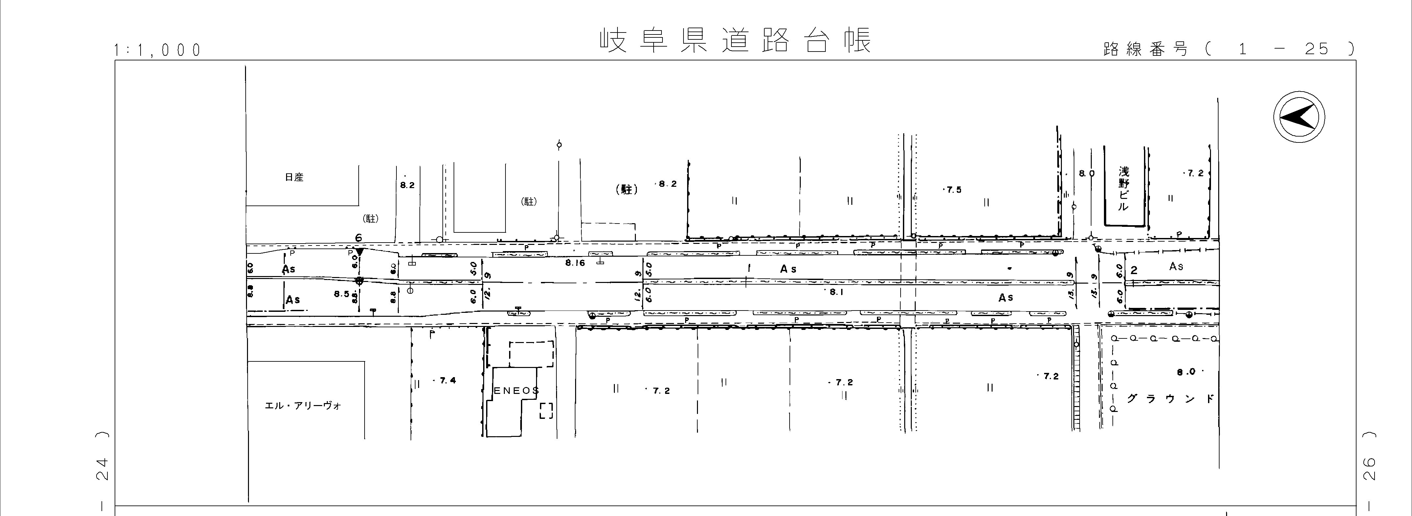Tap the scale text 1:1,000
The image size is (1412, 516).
[x=157, y=51]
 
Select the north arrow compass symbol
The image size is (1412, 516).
[x=1299, y=117]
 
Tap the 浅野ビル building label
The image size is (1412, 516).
[x=1124, y=189]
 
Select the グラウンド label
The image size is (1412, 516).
[x=1170, y=399]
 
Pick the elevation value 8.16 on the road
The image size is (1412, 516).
[x=575, y=263]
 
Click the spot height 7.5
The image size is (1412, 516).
[x=953, y=190]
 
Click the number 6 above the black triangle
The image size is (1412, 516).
[x=358, y=238]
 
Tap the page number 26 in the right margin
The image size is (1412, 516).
[x=1369, y=469]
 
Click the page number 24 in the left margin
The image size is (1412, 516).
[x=101, y=469]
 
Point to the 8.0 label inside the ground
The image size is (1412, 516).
[x=1186, y=372]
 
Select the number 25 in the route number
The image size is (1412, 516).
[x=1317, y=49]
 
